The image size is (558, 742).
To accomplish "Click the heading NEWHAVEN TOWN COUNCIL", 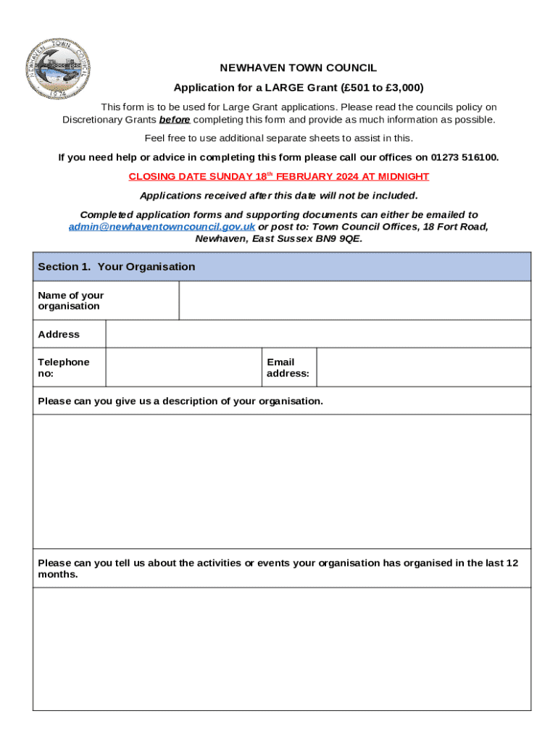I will pyautogui.click(x=298, y=68).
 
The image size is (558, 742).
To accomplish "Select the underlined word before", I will pyautogui.click(x=175, y=120).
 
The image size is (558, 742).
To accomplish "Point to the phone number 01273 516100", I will pyautogui.click(x=465, y=157).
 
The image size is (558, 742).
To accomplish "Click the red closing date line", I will pyautogui.click(x=279, y=176).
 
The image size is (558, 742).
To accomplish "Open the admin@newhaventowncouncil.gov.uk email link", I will pyautogui.click(x=162, y=227).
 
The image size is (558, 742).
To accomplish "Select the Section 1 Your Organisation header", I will pyautogui.click(x=116, y=267).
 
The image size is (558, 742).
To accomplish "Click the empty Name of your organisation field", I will pyautogui.click(x=354, y=301).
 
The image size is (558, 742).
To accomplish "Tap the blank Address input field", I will pyautogui.click(x=318, y=334).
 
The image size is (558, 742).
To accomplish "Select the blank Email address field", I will pyautogui.click(x=423, y=367).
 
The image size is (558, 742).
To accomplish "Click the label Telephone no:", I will pyautogui.click(x=64, y=367).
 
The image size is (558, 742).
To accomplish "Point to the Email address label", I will pyautogui.click(x=288, y=367).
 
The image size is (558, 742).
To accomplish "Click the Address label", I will pyautogui.click(x=59, y=334).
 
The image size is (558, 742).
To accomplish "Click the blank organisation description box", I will pyautogui.click(x=282, y=481).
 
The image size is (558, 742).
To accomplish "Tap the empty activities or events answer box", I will pyautogui.click(x=282, y=648).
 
